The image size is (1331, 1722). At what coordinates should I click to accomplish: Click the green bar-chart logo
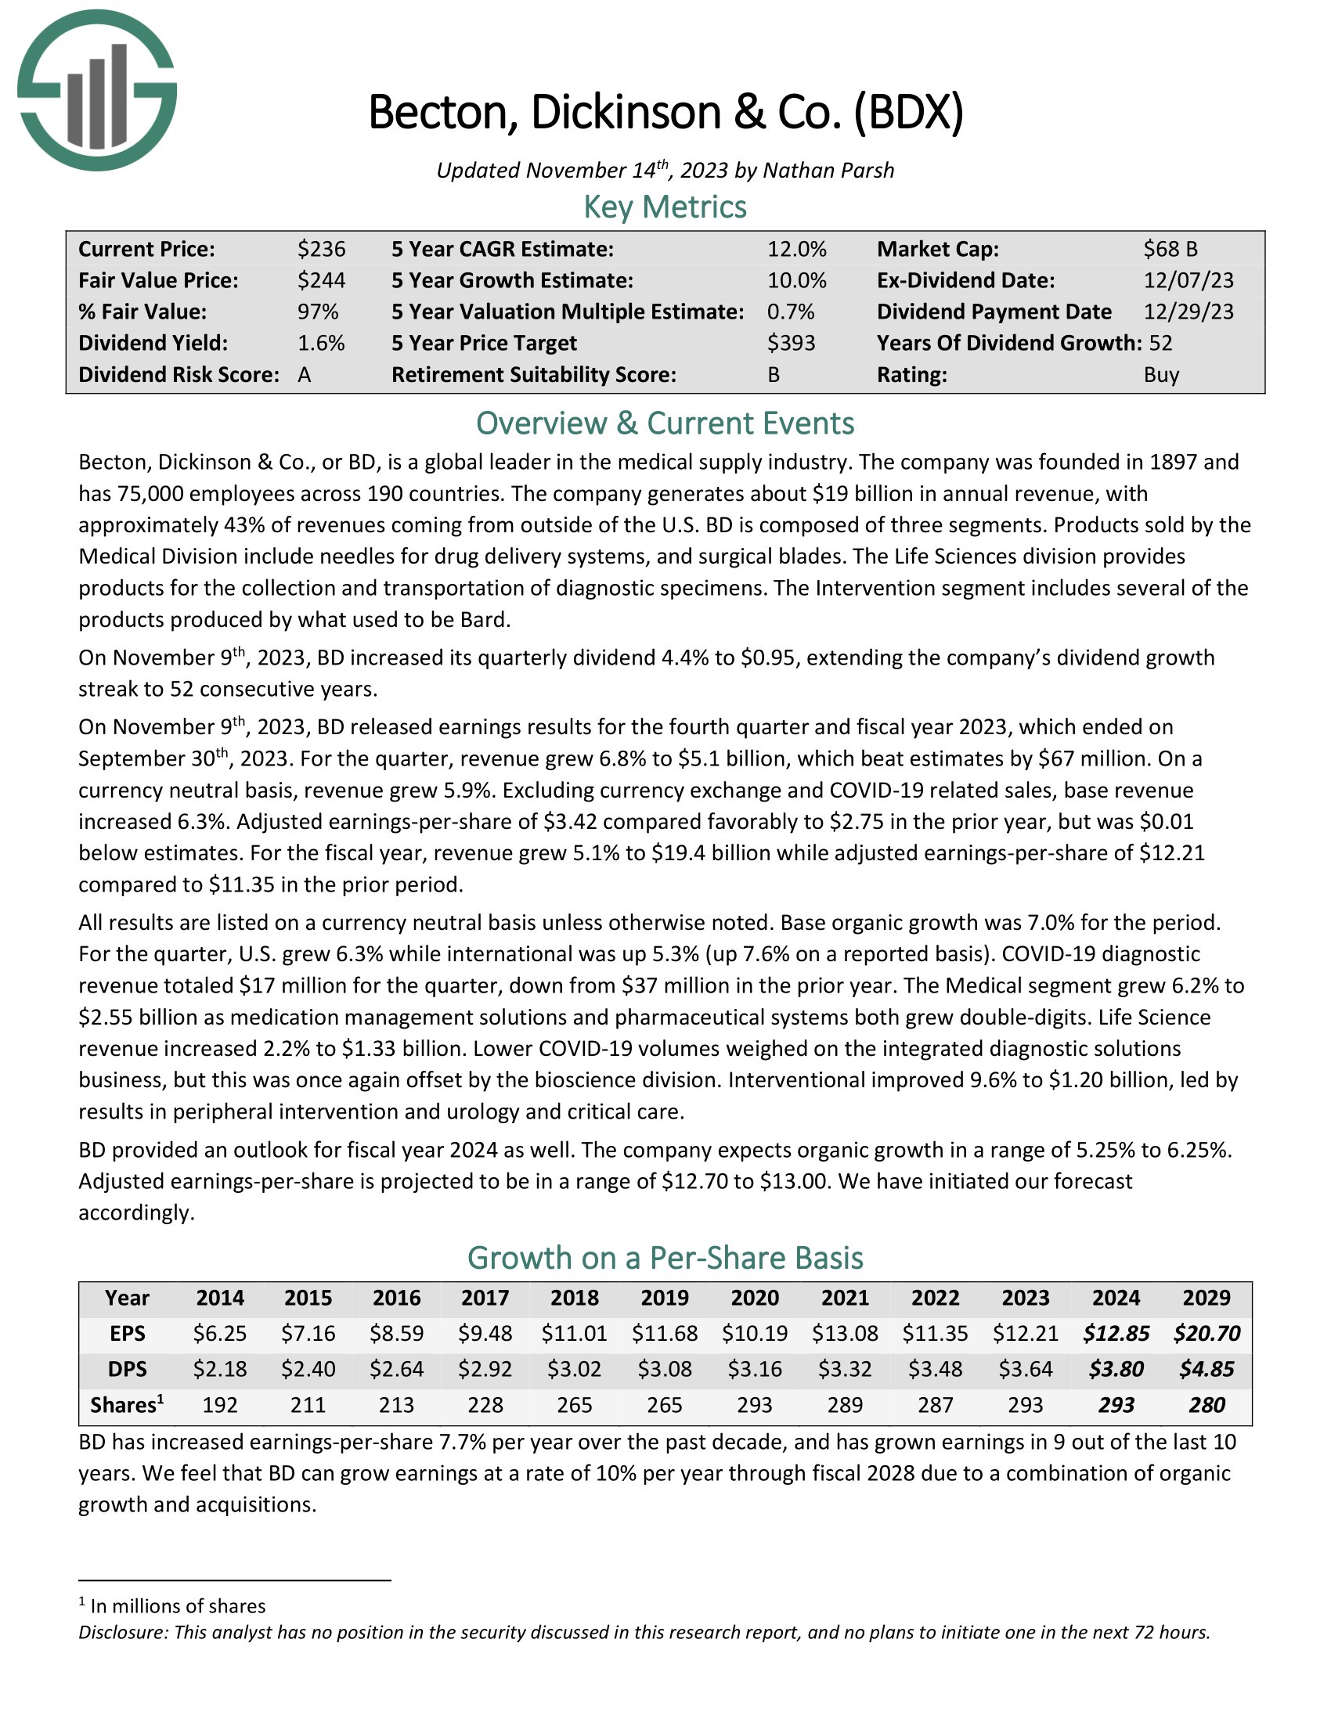point(96,91)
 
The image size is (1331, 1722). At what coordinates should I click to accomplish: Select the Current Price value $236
point(321,249)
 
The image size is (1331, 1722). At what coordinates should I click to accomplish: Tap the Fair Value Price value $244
point(321,281)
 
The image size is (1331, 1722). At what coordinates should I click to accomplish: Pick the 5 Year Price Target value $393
point(791,343)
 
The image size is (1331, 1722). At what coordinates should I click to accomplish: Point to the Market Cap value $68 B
point(1170,249)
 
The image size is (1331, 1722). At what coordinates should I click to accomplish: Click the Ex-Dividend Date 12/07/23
point(1189,281)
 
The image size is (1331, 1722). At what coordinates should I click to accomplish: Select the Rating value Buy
point(1160,374)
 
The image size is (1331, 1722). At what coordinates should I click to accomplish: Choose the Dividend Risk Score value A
point(305,374)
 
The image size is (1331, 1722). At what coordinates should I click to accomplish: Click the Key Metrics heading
point(665,207)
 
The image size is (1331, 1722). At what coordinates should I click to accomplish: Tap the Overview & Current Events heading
point(665,423)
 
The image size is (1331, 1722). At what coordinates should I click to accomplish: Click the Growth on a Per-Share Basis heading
point(665,1258)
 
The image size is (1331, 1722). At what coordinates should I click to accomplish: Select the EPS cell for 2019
point(664,1333)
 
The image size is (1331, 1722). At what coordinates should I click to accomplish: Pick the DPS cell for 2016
point(397,1369)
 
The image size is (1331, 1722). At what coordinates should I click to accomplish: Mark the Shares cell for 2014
point(220,1405)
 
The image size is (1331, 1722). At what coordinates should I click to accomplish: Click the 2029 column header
point(1207,1298)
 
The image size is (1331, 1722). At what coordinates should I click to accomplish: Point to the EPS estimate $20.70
point(1207,1333)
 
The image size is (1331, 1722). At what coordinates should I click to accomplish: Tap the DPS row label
point(127,1369)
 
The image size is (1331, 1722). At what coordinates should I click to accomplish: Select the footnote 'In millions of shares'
point(178,1606)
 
